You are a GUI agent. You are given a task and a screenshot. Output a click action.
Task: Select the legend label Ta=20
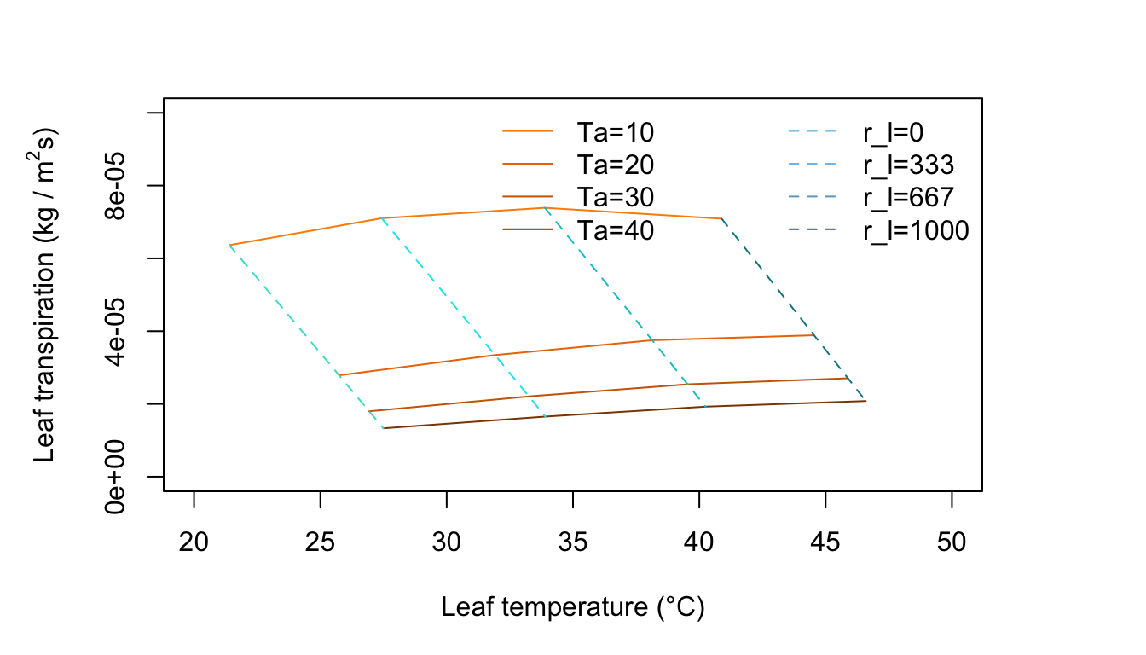click(x=615, y=165)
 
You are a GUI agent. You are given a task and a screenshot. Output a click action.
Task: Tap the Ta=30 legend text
click(x=615, y=197)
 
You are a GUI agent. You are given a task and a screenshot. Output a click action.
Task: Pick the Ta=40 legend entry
click(x=615, y=230)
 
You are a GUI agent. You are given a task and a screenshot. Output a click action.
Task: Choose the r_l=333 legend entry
click(x=908, y=165)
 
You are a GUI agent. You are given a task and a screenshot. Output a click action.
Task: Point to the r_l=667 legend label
click(x=908, y=197)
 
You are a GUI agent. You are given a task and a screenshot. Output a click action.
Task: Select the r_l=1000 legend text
click(x=916, y=230)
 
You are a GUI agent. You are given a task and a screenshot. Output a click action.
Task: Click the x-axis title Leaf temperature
click(x=572, y=607)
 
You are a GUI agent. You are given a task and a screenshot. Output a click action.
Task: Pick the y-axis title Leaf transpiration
click(x=46, y=294)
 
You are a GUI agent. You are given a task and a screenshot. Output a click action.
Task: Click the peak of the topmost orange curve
click(x=544, y=207)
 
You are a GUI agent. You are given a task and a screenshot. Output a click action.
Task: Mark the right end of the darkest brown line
click(x=865, y=400)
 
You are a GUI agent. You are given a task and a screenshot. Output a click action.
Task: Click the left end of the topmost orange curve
click(x=229, y=245)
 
